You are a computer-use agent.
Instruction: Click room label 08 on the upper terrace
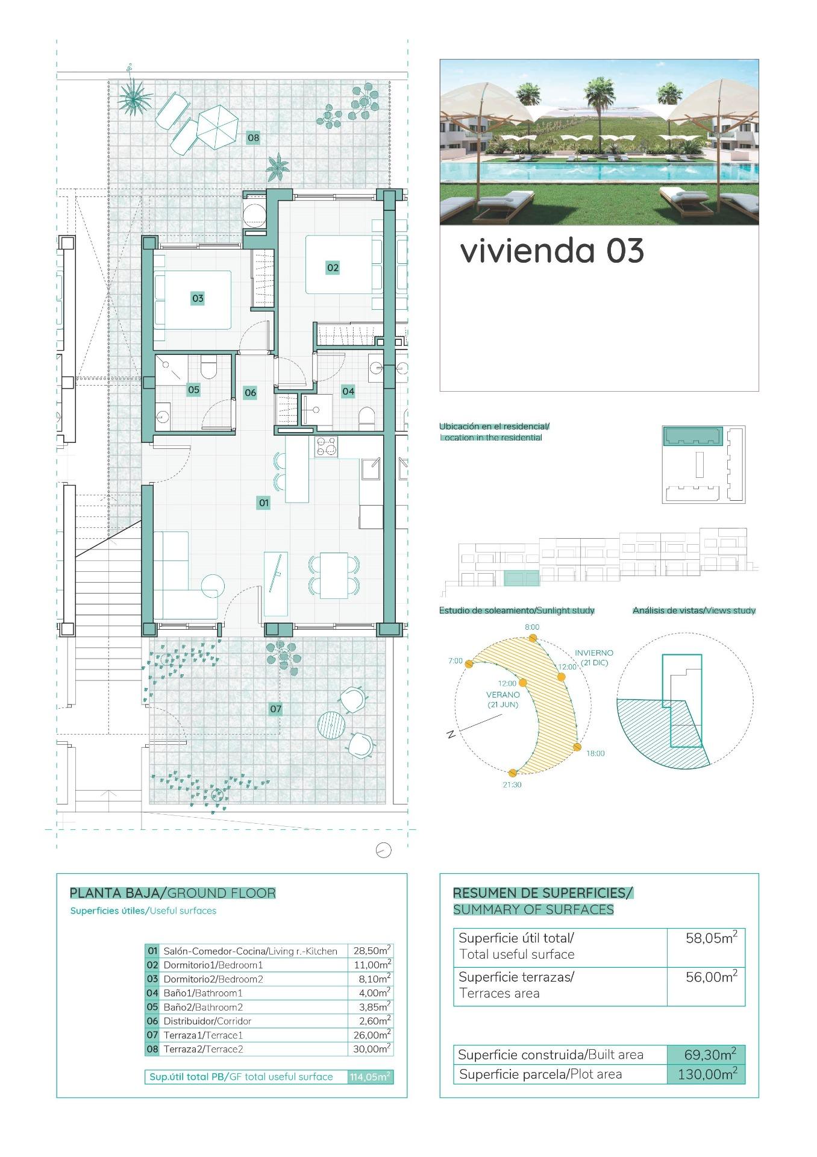pos(253,138)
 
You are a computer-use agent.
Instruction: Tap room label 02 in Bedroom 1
pos(333,268)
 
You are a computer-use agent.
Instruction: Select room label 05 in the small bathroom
pos(193,390)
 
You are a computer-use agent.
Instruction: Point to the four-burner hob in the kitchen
pos(326,447)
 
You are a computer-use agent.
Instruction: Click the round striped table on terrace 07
pos(331,724)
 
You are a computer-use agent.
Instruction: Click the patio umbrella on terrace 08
pos(218,125)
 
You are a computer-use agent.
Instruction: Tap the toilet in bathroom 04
pos(366,418)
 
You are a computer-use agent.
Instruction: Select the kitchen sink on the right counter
pos(371,468)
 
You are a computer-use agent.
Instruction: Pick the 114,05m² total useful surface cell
pos(371,1077)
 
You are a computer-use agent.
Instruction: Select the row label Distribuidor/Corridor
pos(207,1021)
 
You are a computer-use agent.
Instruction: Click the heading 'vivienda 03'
pos(552,251)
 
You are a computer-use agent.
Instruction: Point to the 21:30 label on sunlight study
pos(512,785)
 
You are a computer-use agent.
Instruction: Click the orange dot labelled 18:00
pos(577,747)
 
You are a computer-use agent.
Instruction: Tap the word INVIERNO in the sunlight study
pos(593,653)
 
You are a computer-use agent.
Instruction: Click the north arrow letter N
pos(450,735)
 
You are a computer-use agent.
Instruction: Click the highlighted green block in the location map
pos(693,436)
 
